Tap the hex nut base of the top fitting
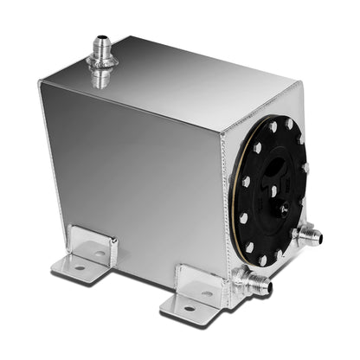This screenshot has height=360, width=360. click(x=101, y=75)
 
